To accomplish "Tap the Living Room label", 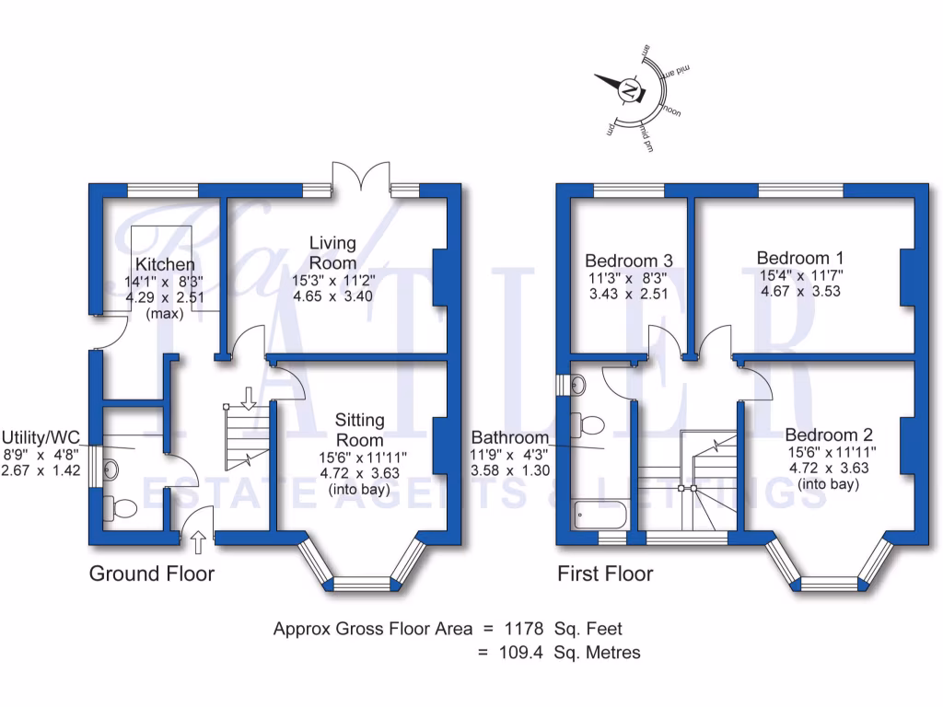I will click(332, 253).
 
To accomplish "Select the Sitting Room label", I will click(360, 430).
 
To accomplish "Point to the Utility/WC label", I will click(42, 436).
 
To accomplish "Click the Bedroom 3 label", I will click(629, 261).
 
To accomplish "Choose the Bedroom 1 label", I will click(799, 258).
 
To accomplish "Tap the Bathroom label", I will click(510, 437).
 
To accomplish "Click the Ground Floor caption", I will click(151, 574).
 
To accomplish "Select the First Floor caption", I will click(605, 574).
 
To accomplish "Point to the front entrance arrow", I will click(196, 540).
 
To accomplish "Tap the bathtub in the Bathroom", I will click(598, 514).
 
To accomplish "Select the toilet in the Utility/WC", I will click(120, 506).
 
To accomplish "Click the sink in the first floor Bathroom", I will click(578, 383).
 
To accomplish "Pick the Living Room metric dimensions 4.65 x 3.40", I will click(332, 296).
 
